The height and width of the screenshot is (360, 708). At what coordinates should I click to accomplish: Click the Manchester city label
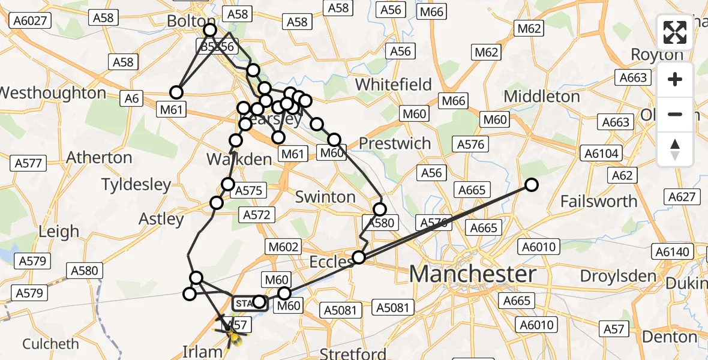coord(473,275)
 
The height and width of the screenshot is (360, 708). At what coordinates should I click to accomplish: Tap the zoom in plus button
coord(675,80)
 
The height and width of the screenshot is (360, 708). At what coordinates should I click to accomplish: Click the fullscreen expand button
coord(675,32)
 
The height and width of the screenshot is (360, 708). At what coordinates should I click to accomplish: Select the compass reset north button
coord(675,149)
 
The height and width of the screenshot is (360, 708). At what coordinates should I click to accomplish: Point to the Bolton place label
coord(186,21)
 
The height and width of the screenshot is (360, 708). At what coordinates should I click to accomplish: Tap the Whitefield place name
coord(393,85)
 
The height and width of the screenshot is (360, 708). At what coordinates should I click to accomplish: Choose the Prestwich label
coord(395,144)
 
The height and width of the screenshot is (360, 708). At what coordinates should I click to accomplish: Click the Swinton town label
coord(326,197)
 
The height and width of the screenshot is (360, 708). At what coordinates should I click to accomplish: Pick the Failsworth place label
coord(598,202)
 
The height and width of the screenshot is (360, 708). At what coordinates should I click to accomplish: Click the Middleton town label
coord(542,97)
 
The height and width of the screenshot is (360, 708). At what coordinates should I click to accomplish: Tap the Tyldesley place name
coord(136,184)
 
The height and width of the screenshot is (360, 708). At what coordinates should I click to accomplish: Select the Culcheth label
coord(50,344)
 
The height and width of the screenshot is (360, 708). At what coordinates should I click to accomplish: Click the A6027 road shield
coord(28,20)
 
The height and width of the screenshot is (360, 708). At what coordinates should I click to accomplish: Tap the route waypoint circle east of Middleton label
coord(532,185)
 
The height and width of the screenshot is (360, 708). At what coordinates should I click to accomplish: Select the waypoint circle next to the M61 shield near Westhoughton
coord(176,92)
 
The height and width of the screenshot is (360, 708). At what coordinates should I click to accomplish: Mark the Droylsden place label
coord(619,277)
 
